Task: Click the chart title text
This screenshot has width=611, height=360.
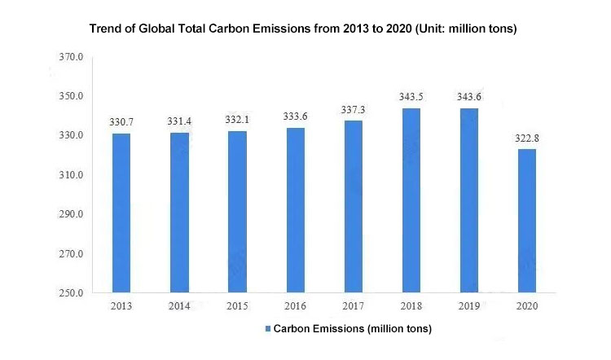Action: point(303,29)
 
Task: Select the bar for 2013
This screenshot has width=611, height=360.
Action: point(121,213)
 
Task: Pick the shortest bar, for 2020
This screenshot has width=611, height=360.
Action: point(526,221)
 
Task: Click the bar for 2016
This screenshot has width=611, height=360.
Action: point(295,210)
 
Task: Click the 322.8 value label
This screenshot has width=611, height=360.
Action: point(526,138)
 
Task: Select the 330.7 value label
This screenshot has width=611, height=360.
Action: point(121,122)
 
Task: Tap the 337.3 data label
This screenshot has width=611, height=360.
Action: point(353,109)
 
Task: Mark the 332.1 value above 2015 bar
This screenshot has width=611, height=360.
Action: point(237,120)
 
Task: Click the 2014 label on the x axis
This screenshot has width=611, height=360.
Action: point(179,305)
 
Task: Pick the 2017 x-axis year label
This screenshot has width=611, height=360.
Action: point(353,305)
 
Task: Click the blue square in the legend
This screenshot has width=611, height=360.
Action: point(266,330)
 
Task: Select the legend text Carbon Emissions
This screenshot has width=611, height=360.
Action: point(352,329)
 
